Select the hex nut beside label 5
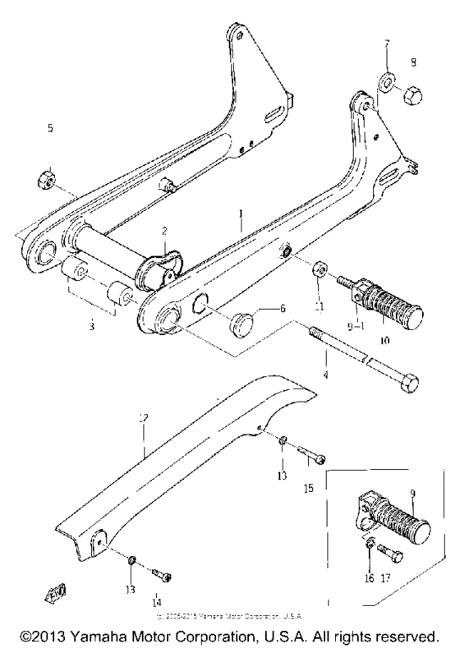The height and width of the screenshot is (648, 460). click(x=48, y=177)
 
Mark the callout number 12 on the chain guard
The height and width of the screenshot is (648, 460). click(x=144, y=421)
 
